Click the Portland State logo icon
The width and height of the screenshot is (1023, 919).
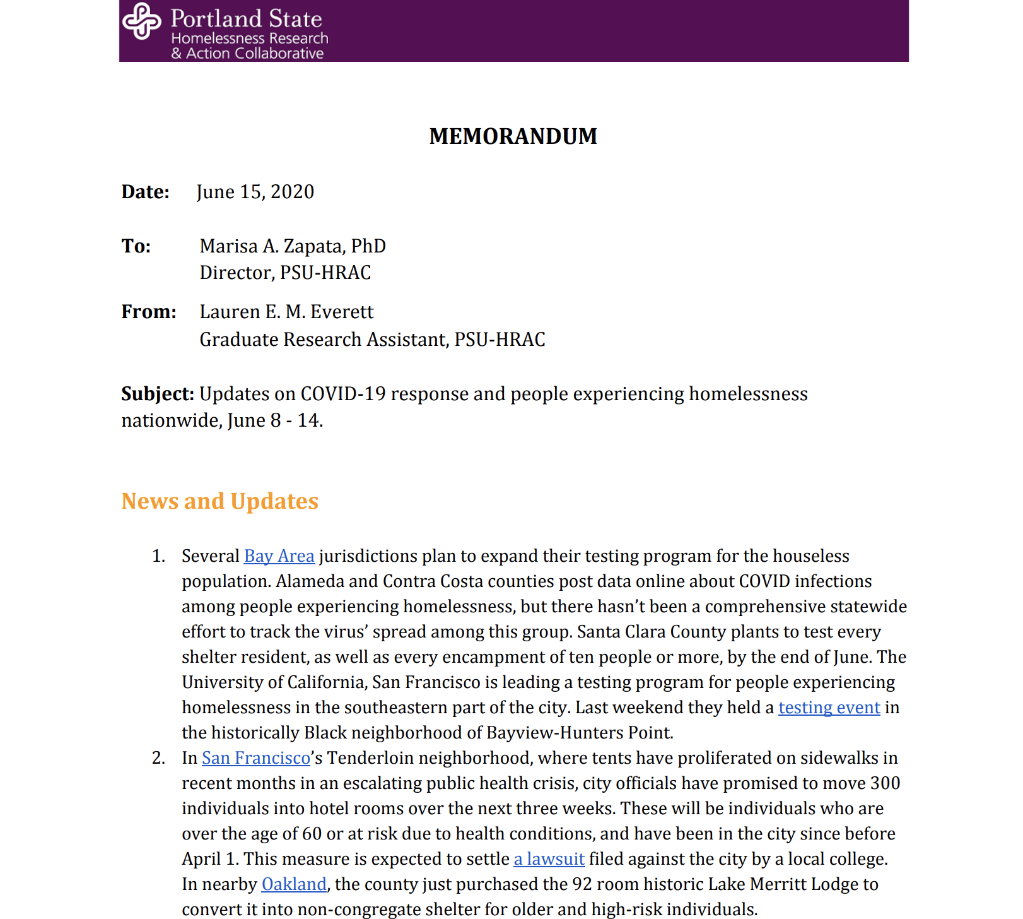pyautogui.click(x=141, y=21)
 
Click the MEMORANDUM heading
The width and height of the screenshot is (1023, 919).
pyautogui.click(x=513, y=136)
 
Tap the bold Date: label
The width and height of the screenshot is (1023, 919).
pyautogui.click(x=145, y=192)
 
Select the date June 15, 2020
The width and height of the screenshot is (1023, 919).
pyautogui.click(x=255, y=192)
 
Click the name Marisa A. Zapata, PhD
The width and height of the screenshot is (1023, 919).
pyautogui.click(x=292, y=246)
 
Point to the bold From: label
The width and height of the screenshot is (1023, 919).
pyautogui.click(x=149, y=312)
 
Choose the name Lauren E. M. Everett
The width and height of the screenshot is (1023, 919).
pyautogui.click(x=286, y=312)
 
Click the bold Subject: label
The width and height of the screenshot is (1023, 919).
pyautogui.click(x=158, y=394)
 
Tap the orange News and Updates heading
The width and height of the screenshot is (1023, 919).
pyautogui.click(x=219, y=501)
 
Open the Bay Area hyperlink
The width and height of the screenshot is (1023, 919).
pyautogui.click(x=279, y=556)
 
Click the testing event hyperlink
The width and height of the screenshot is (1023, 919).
pyautogui.click(x=829, y=708)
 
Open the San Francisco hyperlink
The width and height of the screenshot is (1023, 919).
pyautogui.click(x=255, y=758)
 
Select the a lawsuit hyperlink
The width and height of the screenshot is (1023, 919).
pyautogui.click(x=549, y=859)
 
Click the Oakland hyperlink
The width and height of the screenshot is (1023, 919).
pyautogui.click(x=294, y=884)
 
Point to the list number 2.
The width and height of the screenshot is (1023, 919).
pyautogui.click(x=158, y=758)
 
